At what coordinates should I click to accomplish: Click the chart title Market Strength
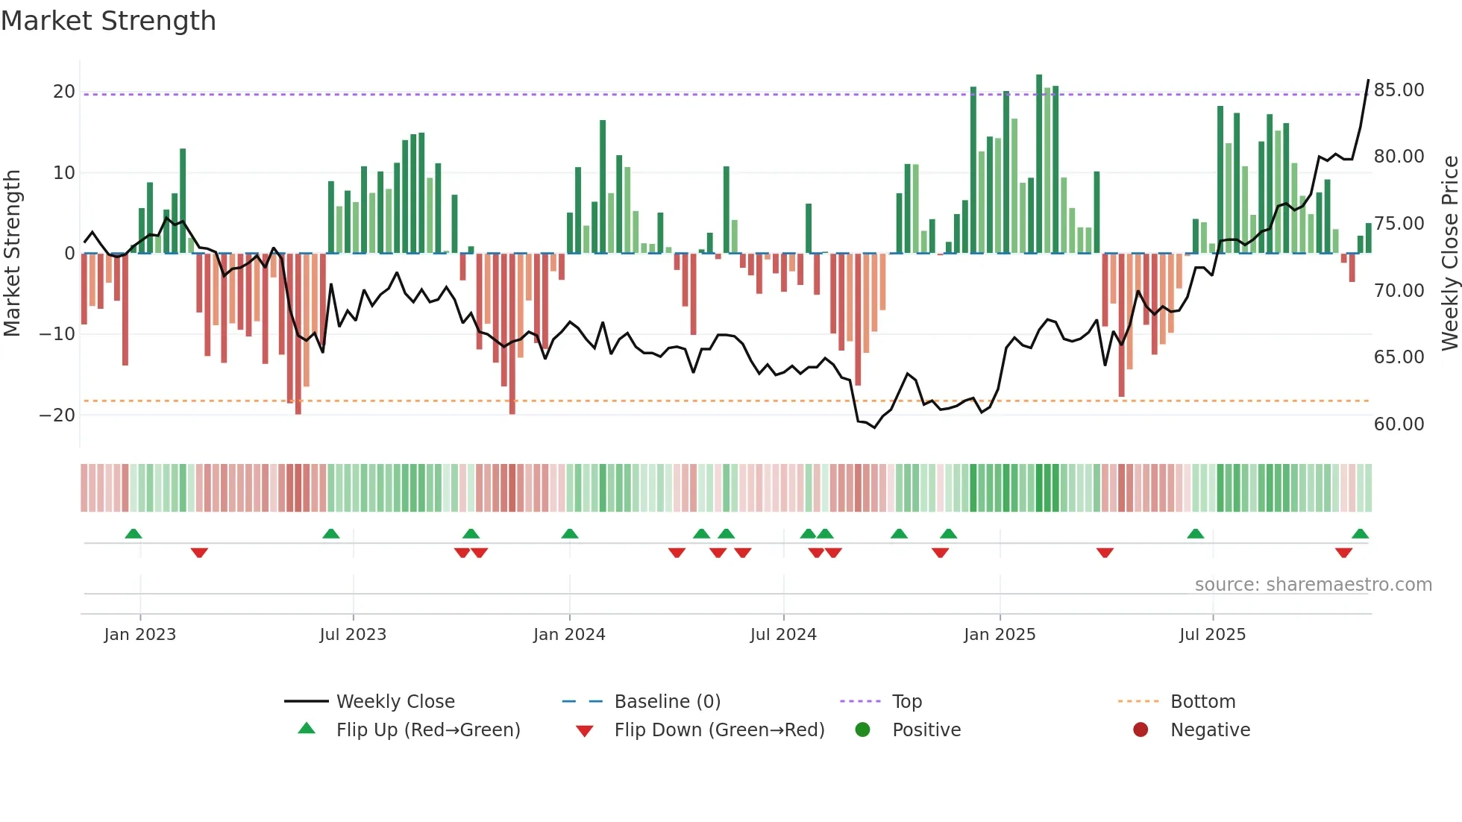point(108,21)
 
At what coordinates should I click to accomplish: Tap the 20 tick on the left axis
point(64,92)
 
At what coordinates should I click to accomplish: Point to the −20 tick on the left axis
point(58,415)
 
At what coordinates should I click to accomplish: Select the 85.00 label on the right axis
point(1399,90)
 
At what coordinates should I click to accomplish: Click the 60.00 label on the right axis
point(1399,424)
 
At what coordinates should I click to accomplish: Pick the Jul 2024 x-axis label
point(783,635)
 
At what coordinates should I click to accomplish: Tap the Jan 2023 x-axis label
point(140,635)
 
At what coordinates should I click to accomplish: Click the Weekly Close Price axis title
point(1449,254)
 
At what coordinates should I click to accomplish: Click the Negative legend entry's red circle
point(1141,730)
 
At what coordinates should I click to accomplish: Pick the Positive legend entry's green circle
point(863,730)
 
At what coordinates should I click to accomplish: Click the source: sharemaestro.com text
point(1313,585)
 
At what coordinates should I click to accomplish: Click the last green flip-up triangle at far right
point(1360,534)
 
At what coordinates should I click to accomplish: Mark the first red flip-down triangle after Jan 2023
point(199,553)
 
